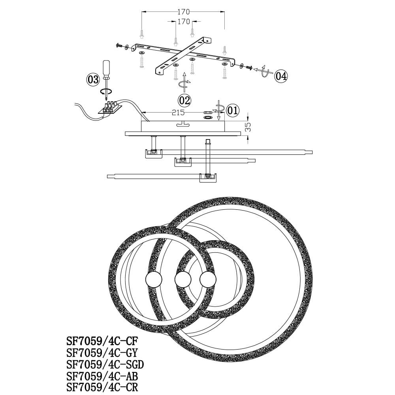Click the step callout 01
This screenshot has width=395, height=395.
pos(233,110)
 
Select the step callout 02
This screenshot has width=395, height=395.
pos(184,100)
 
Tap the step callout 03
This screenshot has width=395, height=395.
pos(93,80)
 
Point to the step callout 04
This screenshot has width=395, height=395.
pos(281,76)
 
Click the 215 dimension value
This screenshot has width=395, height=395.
pos(178,112)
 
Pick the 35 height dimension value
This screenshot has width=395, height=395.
pos(248,127)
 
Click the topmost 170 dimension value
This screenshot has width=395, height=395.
pos(183,11)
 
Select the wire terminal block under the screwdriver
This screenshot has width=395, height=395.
pos(110,108)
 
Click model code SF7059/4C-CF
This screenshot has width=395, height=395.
pos(102,341)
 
